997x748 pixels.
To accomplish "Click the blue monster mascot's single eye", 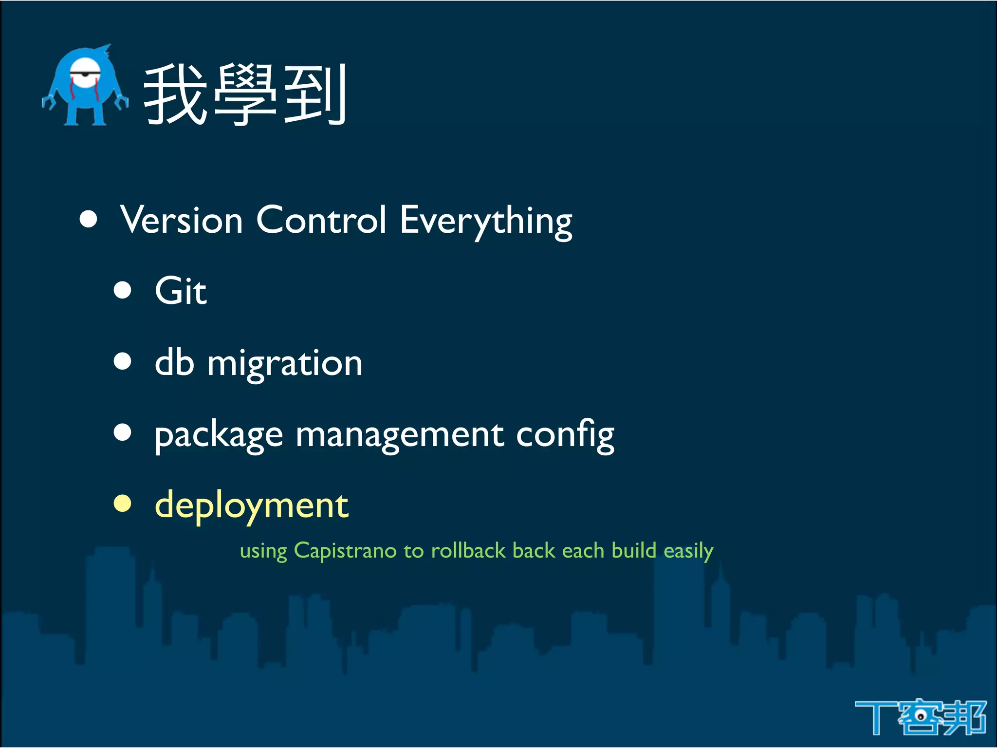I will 86,73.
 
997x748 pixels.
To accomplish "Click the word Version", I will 181,220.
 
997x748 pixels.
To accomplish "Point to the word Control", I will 321,220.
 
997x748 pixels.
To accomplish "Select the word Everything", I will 486,222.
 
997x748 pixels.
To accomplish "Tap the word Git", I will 181,291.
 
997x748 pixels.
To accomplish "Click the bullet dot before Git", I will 123,290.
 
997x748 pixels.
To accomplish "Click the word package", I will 219,435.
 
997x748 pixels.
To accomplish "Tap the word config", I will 565,435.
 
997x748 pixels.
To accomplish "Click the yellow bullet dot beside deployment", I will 123,504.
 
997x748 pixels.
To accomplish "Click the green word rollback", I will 468,551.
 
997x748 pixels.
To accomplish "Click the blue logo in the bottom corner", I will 920,717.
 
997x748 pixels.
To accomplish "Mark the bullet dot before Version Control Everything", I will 89,219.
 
